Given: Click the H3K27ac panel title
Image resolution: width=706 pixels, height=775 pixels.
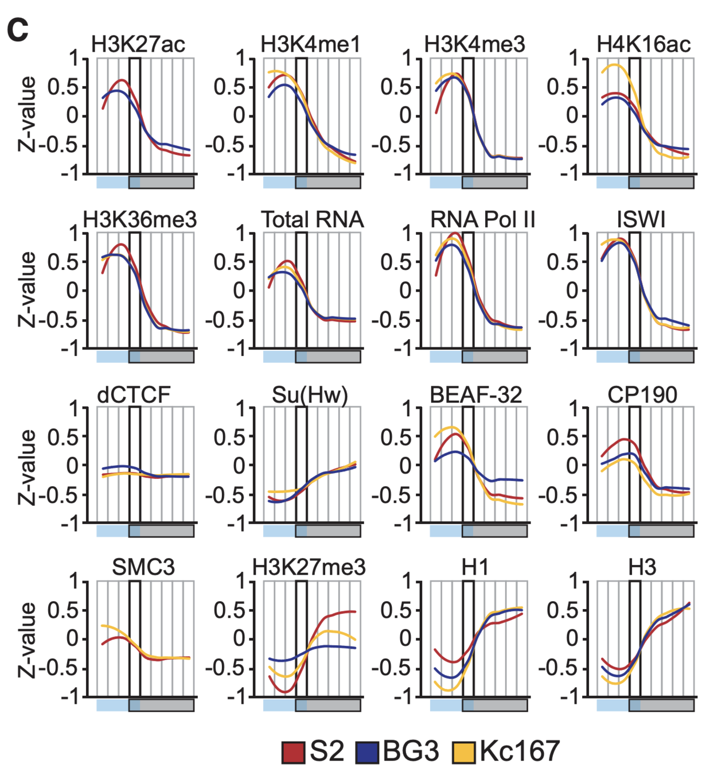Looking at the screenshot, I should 138,44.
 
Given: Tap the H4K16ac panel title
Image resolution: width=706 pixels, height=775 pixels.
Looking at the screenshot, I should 643,44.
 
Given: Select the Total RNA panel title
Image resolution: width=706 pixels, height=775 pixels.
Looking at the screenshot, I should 313,219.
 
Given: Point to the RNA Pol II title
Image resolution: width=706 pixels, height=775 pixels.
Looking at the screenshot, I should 482,219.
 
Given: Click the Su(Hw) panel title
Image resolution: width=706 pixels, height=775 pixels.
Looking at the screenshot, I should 310,395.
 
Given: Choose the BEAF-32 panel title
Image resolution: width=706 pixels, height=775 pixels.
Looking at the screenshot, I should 476,395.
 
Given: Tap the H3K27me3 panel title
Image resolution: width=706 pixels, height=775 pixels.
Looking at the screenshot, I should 309,567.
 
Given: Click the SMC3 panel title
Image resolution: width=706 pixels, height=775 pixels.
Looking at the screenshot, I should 143,567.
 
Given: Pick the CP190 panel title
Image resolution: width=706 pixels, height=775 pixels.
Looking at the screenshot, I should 642,395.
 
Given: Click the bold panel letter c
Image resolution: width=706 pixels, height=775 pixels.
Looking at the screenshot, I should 18,29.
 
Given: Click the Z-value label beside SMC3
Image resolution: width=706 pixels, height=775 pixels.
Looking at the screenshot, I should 28,640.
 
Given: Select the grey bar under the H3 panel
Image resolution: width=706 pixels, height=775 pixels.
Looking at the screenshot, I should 666,704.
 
